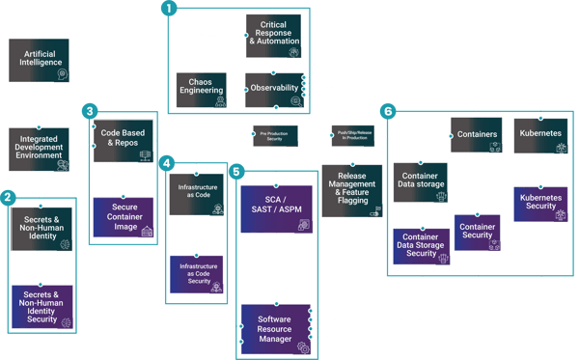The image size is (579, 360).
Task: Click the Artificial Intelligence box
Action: [x=37, y=59]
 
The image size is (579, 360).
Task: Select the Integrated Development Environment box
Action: [x=37, y=147]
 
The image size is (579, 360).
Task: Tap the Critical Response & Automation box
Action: [x=273, y=33]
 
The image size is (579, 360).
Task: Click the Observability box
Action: [x=273, y=88]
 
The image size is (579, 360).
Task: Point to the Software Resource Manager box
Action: [x=273, y=323]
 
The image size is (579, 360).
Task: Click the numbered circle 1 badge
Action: [x=170, y=9]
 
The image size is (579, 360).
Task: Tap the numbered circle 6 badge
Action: [x=388, y=111]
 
